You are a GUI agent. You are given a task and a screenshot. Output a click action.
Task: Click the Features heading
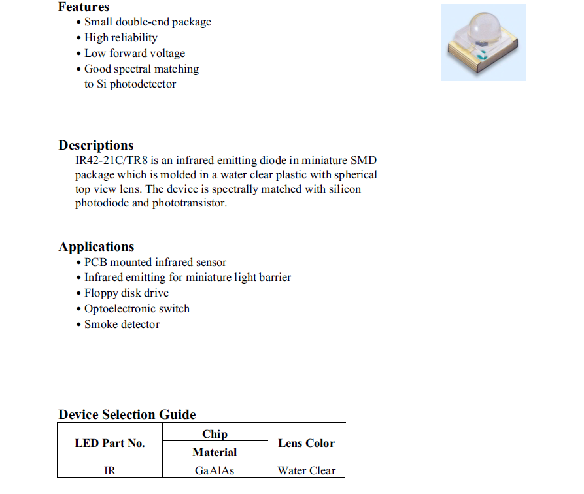84,7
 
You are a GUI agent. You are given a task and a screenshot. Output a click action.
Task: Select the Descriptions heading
96,145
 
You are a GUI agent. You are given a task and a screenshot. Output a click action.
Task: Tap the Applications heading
97,246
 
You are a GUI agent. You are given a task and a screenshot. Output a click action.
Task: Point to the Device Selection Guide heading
127,414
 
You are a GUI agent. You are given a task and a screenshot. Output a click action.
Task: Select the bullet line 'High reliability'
121,37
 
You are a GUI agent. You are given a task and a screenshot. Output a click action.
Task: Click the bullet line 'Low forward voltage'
135,53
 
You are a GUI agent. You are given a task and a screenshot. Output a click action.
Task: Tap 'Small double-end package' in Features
148,22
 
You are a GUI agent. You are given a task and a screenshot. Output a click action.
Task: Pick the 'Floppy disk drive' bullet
126,293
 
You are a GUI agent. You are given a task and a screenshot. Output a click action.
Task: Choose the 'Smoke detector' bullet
122,324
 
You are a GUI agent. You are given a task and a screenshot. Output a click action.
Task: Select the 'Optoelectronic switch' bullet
137,308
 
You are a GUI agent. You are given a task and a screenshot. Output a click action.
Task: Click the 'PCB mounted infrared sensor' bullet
155,262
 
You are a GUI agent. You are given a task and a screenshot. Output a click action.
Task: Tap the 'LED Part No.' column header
110,443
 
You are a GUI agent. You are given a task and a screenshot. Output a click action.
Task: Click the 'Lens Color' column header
306,443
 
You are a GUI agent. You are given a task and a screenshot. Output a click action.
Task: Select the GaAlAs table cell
215,470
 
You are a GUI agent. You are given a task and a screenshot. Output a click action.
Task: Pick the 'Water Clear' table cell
306,470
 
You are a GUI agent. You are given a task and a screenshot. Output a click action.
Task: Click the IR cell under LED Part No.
110,470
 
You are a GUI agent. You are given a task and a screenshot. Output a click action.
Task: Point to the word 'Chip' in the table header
215,434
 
